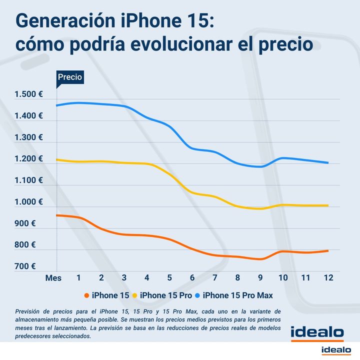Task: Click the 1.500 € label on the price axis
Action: tap(28, 94)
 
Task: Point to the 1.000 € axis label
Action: tap(28, 202)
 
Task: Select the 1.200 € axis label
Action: tap(28, 159)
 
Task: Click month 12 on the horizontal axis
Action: tap(328, 278)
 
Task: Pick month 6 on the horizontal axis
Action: tap(192, 278)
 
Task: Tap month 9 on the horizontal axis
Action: tap(260, 278)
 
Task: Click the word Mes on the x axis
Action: tap(53, 278)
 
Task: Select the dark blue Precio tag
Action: tap(69, 77)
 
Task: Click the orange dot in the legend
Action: tap(86, 296)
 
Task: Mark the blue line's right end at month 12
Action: tap(328, 162)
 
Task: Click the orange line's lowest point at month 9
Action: tap(260, 259)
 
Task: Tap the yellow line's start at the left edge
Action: tap(57, 160)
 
